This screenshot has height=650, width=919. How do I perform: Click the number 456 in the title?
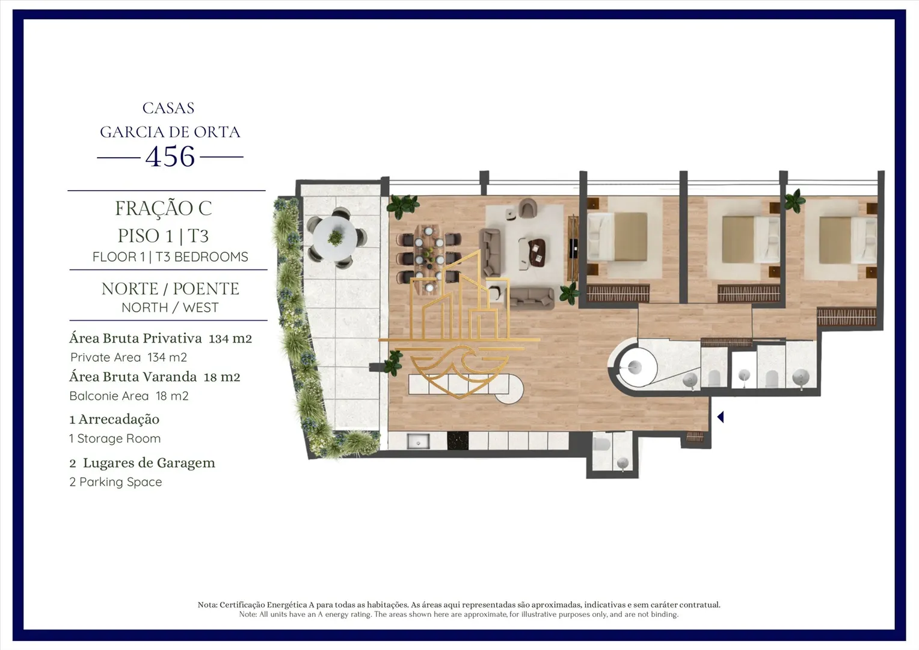pos(170,156)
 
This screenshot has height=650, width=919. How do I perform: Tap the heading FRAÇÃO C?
pos(163,208)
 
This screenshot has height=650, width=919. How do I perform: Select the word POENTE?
pos(206,289)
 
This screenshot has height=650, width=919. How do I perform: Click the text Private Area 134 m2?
pos(129,357)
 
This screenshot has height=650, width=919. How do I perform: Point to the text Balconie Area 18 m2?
pos(129,396)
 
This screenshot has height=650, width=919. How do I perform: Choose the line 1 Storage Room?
pos(115,439)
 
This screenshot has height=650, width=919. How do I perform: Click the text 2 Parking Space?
pos(115,482)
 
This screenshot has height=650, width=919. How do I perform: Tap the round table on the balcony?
pos(335,237)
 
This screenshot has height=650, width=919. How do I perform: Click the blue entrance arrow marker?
pos(721,417)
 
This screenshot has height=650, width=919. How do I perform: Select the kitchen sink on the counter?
pos(418,442)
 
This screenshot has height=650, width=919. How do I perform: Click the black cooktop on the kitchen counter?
pos(458,441)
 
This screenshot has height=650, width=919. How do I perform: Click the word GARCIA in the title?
pos(127,132)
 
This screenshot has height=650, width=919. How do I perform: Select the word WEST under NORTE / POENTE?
pos(201,308)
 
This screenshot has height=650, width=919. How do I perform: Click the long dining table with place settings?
pos(429,259)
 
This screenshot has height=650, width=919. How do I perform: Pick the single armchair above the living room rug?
pos(527,208)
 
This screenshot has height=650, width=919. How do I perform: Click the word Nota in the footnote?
pos(206,605)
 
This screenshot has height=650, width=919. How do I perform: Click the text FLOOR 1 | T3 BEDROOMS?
pos(170,257)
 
